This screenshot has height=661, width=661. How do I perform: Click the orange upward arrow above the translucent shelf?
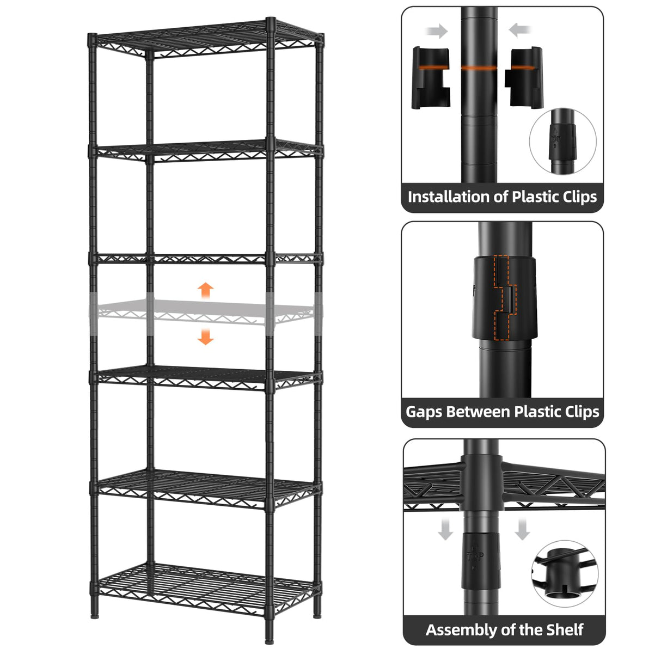(x=205, y=290)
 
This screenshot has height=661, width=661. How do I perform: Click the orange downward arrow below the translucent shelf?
(x=205, y=336)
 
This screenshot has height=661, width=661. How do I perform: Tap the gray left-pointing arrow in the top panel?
(x=521, y=30)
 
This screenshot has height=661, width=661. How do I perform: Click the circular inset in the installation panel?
(x=562, y=141)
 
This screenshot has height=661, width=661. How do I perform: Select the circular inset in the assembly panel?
(x=565, y=573)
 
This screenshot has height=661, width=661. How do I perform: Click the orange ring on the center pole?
(x=479, y=69)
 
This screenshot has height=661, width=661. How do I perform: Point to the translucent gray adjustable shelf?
(x=205, y=313)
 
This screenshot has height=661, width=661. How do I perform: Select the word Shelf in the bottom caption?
(x=562, y=630)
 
